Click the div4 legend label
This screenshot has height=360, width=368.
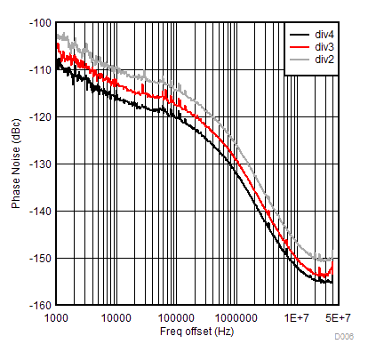[x=324, y=35]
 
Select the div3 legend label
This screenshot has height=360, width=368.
[x=324, y=47]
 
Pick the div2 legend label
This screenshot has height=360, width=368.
[x=324, y=60]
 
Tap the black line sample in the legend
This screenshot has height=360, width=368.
[x=300, y=35]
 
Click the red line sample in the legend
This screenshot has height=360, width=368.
[x=300, y=47]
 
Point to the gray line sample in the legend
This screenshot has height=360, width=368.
[x=300, y=60]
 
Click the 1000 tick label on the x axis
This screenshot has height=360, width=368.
[x=57, y=317]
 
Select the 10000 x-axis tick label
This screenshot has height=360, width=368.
[x=116, y=317]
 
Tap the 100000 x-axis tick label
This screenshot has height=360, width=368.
[x=177, y=317]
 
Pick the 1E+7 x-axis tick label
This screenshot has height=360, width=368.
[x=296, y=317]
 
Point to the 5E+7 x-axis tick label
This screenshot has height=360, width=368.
[x=335, y=317]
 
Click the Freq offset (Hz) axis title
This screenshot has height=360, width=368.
[x=196, y=332]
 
